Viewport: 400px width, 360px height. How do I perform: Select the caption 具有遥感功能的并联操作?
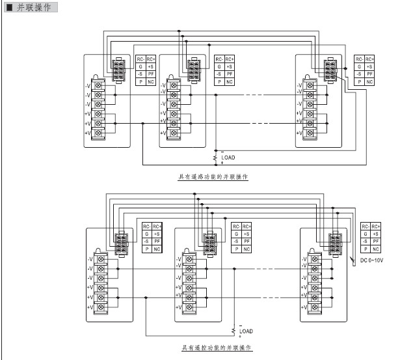(x=213, y=176)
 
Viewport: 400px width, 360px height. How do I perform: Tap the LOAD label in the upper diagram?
(x=228, y=158)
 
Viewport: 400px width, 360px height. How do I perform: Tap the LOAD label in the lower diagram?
(x=247, y=331)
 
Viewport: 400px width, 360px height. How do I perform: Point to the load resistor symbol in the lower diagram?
(x=234, y=331)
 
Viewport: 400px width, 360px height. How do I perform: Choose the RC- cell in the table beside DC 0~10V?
(x=367, y=226)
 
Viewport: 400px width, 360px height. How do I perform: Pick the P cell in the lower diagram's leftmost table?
(x=146, y=249)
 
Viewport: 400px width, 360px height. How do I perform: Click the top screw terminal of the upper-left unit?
(x=98, y=85)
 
